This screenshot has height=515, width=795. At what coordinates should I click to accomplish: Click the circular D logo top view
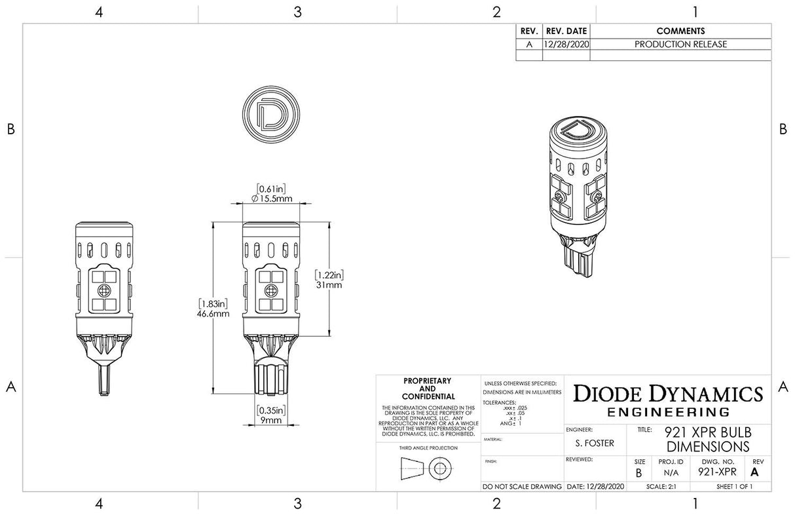(270, 113)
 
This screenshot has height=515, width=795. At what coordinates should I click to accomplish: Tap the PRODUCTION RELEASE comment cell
(680, 45)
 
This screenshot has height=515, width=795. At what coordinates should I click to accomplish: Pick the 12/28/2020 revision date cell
(566, 45)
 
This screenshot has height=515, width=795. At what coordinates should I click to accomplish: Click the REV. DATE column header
(566, 31)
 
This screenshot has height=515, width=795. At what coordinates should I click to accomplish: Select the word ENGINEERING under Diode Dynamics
(668, 412)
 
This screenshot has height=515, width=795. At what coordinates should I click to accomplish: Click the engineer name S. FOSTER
(595, 443)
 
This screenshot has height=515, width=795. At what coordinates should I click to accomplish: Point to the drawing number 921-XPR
(717, 472)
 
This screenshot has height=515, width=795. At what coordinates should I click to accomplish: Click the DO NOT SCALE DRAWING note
(522, 487)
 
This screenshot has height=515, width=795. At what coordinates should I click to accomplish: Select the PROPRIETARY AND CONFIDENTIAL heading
(428, 389)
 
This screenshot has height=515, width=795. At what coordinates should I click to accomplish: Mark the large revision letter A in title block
(754, 472)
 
